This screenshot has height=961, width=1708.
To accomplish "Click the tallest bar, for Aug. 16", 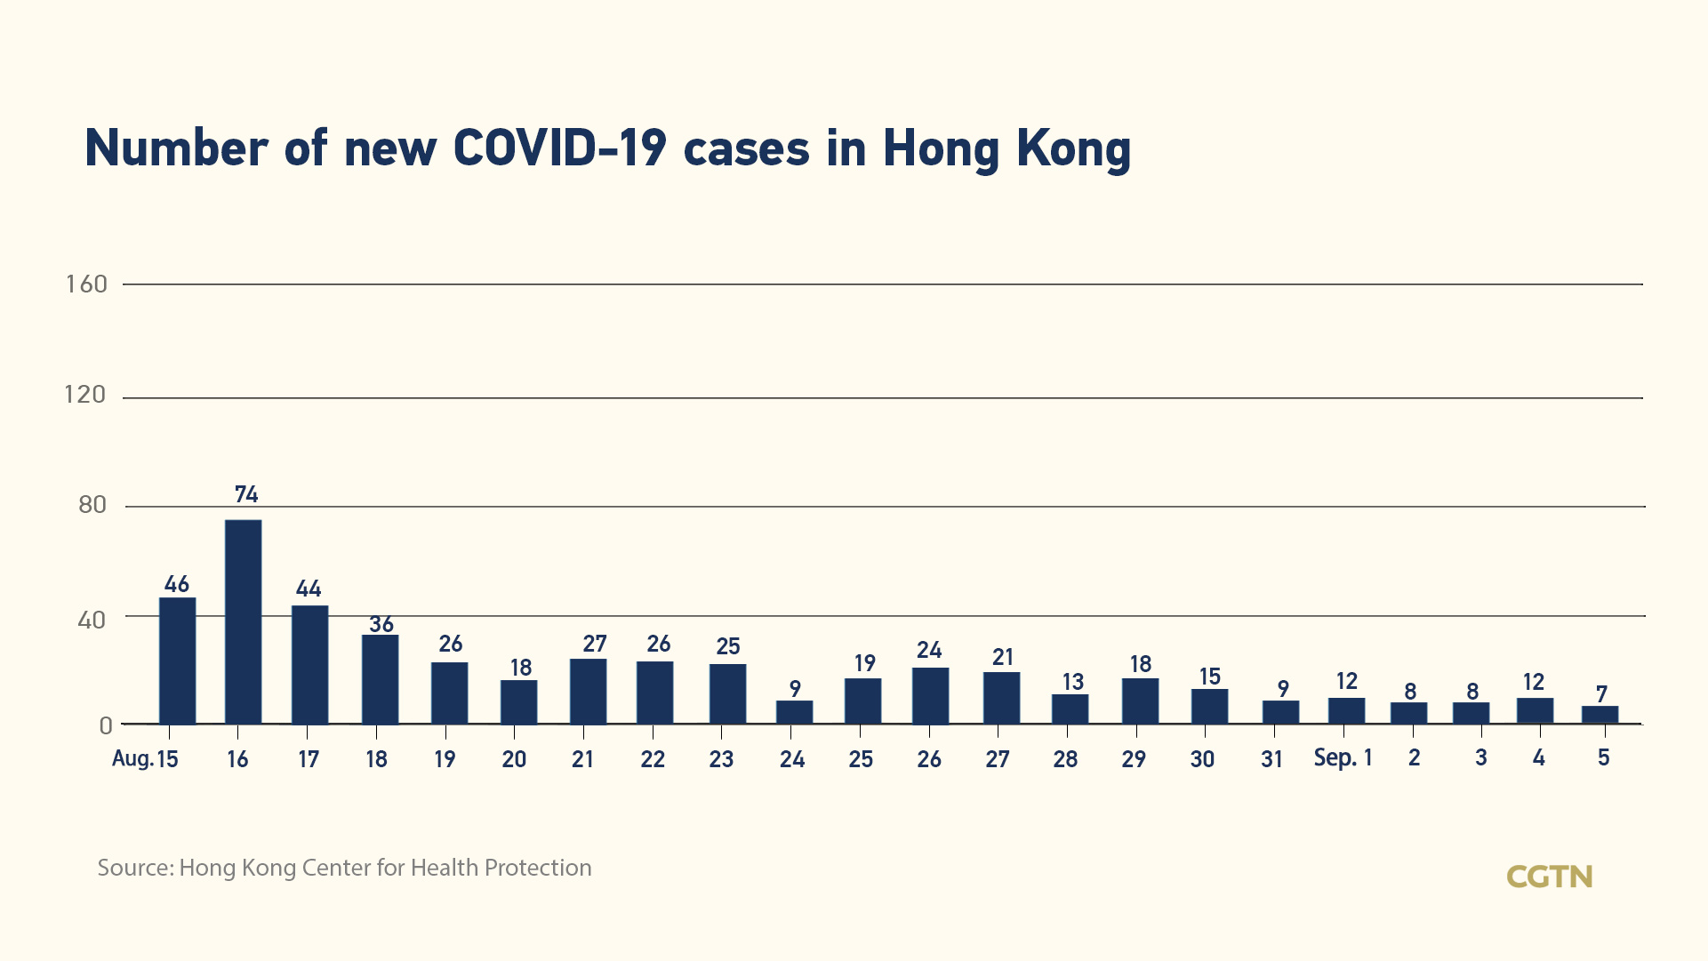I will point(243,621).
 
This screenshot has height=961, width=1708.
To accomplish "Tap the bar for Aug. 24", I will point(794,712).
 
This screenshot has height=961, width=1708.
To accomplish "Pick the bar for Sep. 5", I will point(1600,715).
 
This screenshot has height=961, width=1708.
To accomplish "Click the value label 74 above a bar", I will point(246,494).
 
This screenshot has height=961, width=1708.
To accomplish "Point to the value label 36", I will point(381,624).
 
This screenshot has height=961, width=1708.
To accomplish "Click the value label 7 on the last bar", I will point(1601,693).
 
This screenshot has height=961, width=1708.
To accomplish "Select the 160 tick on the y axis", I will point(86,284).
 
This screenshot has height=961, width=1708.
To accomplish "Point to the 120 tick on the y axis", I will point(85,395).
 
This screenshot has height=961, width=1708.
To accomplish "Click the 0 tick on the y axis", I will point(106,725).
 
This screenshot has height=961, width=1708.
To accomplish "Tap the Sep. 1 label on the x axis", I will point(1343,758).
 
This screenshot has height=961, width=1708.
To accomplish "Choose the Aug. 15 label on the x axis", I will point(145,759).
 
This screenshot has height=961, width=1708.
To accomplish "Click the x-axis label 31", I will point(1271,759).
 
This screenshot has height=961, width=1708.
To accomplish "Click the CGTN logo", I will point(1549,877).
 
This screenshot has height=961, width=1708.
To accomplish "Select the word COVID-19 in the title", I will point(559,148).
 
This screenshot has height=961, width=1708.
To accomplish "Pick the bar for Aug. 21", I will point(588,691).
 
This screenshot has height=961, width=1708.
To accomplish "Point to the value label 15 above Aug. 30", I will point(1209,677).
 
